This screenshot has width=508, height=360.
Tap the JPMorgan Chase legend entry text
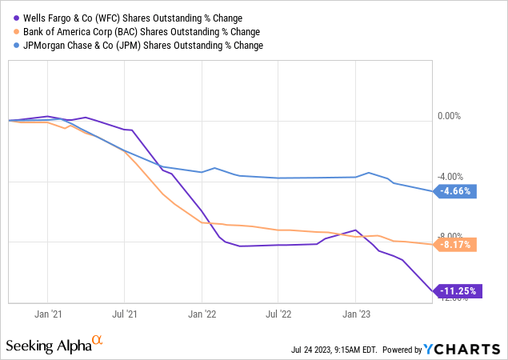[141, 46]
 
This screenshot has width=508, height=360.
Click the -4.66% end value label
[457, 191]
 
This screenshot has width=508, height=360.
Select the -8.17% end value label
[457, 245]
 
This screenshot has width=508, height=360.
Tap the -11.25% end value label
[458, 292]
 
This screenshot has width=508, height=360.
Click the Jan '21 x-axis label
[47, 314]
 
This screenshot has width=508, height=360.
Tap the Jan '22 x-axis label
[202, 314]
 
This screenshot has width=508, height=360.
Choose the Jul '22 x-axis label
[278, 314]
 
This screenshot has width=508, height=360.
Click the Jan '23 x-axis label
[355, 314]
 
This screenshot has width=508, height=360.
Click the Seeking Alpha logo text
[48, 345]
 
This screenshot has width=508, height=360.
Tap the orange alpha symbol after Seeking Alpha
[98, 341]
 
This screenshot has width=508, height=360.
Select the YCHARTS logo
[464, 349]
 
